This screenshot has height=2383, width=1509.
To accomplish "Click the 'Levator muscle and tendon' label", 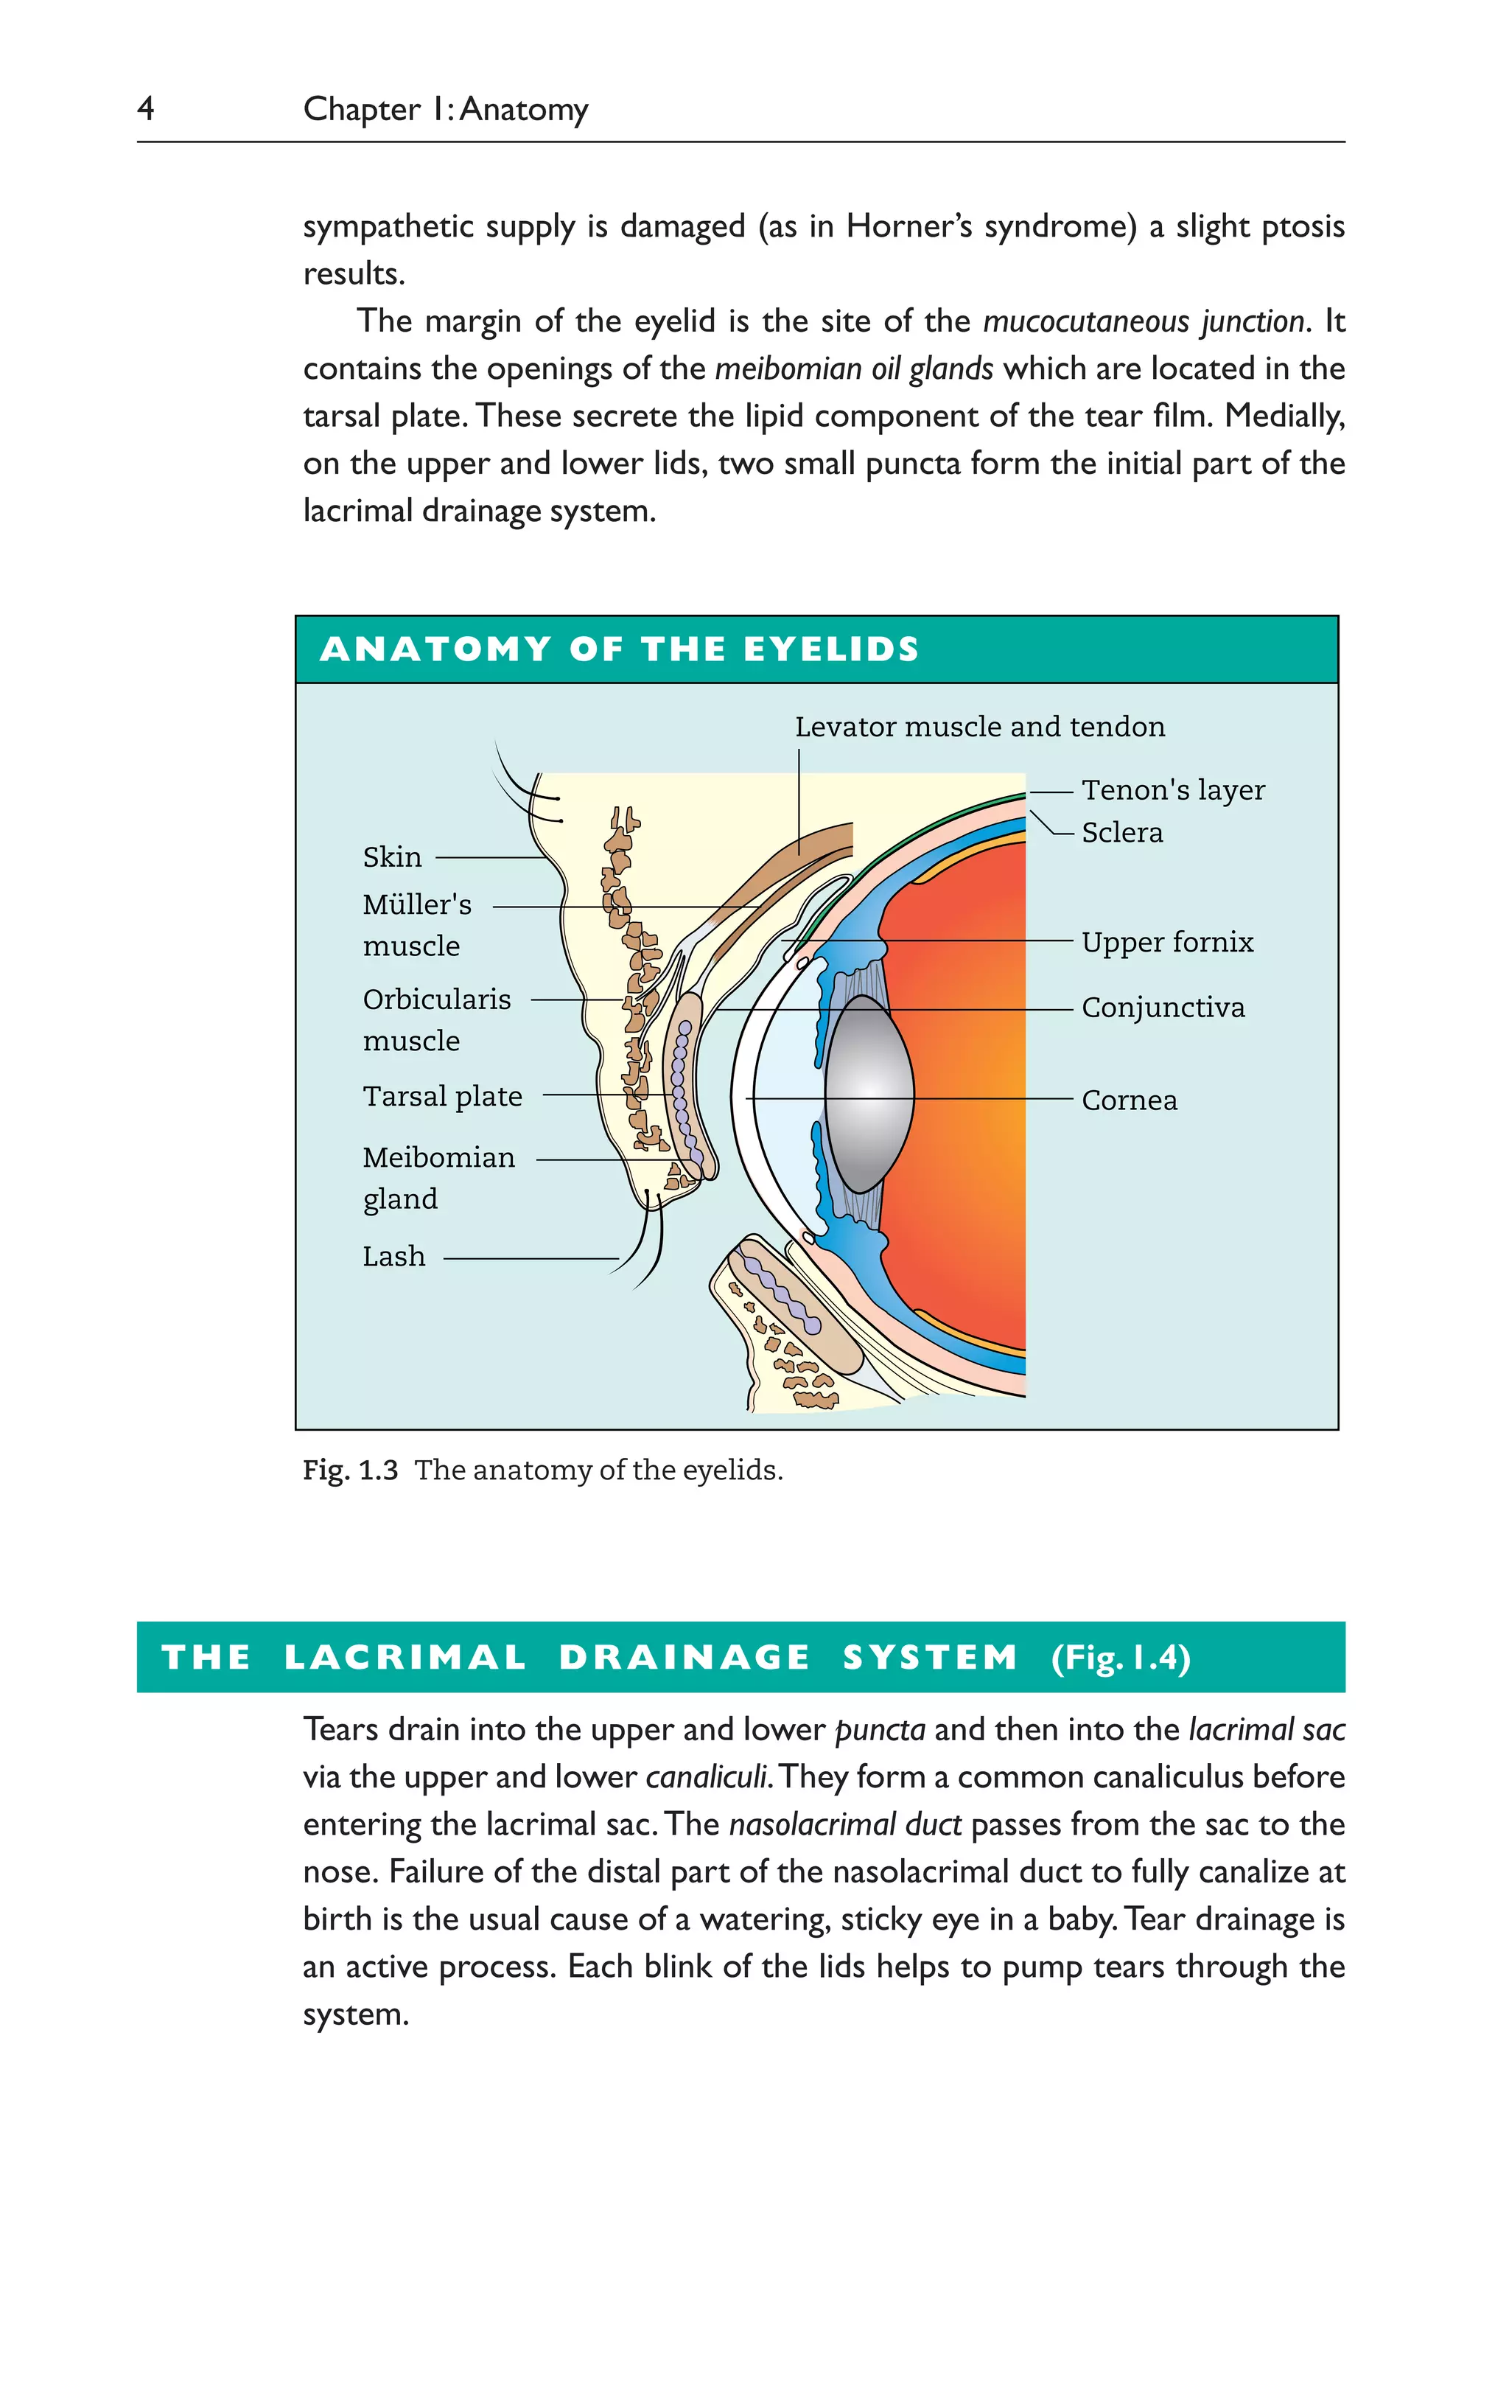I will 980,728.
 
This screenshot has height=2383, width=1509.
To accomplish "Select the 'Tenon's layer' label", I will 1172,791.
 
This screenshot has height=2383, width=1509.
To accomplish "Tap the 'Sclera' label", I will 1122,833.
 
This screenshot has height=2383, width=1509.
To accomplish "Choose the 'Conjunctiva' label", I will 1163,1008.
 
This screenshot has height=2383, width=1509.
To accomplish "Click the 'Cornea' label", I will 1129,1100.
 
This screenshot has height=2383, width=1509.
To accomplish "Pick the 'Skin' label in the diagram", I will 392,857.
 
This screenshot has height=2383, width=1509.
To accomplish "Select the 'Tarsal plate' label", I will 442,1097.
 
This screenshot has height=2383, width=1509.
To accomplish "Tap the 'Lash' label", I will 393,1257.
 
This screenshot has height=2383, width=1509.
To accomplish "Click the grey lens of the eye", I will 868,1094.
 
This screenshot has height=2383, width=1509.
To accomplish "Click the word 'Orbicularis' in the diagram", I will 436,999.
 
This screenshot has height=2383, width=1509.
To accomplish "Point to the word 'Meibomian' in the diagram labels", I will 438,1158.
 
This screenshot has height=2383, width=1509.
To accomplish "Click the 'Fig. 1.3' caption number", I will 350,1470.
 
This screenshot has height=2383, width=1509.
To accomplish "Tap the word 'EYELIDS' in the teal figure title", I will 830,650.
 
